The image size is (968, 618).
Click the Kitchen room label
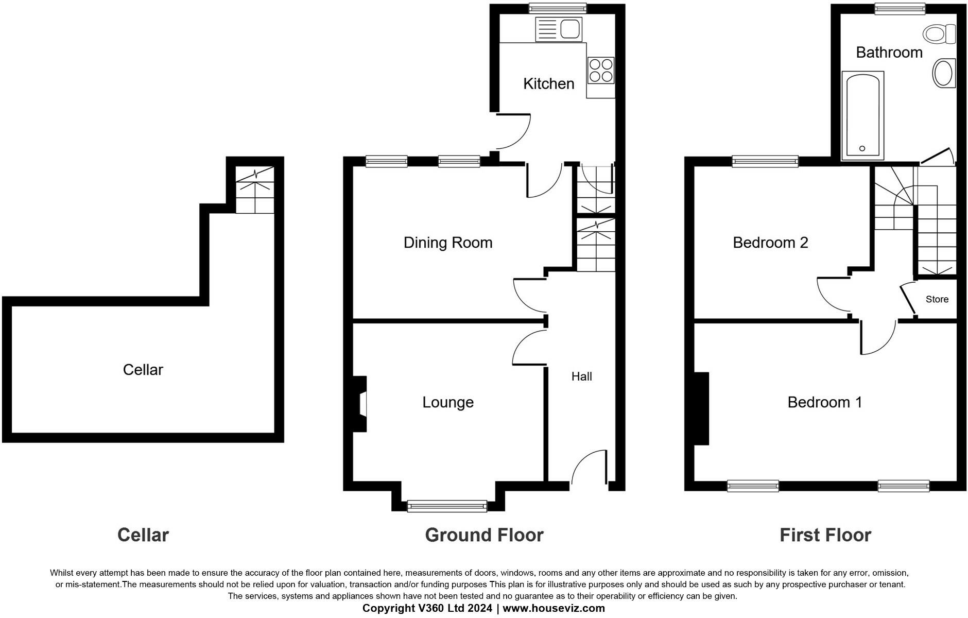(548, 83)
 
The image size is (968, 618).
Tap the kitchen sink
(559, 29)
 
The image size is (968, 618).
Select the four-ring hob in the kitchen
(601, 71)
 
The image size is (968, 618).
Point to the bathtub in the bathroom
(862, 116)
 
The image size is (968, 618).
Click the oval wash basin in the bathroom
(944, 73)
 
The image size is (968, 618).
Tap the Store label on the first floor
(937, 299)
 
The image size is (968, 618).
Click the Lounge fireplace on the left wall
(361, 403)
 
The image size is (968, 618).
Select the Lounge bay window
(447, 506)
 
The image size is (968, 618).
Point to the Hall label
(581, 376)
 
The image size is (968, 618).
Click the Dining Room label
(447, 243)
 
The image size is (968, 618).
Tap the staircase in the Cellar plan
(255, 190)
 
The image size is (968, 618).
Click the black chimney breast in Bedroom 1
(701, 408)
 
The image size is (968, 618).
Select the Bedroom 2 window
(765, 162)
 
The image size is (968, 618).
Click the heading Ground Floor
(484, 535)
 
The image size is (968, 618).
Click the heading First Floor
(825, 535)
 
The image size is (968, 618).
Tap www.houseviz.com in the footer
(554, 608)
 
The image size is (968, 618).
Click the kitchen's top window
(558, 8)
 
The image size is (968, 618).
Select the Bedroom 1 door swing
(878, 337)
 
